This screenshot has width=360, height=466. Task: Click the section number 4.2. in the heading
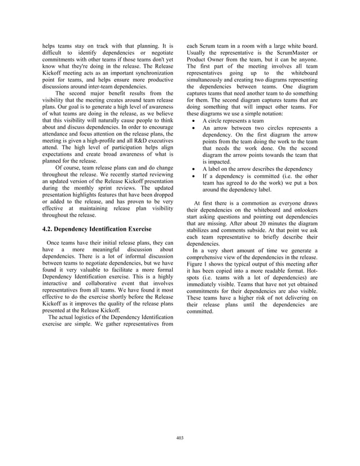(x=50, y=230)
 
